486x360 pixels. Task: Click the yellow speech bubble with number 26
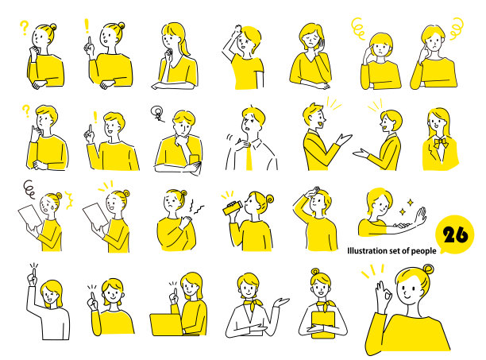click(455, 234)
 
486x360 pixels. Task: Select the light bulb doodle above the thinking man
click(157, 113)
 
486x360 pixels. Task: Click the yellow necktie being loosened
click(249, 157)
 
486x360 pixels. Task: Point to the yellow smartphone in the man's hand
click(195, 160)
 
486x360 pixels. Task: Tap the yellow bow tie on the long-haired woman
click(441, 142)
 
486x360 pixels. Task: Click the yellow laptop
click(167, 325)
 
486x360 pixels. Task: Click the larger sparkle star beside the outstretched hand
click(410, 203)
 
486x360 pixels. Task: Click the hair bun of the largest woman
click(428, 269)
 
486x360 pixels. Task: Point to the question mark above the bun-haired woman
click(24, 27)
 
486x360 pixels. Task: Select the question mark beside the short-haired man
click(26, 110)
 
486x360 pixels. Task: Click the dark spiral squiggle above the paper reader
click(29, 189)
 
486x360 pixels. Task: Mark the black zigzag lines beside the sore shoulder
click(195, 207)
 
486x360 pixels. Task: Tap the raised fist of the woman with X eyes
click(237, 31)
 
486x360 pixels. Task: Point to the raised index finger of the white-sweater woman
click(33, 273)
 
